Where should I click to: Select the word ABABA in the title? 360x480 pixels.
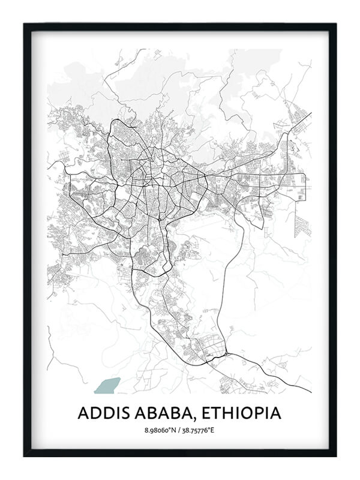pos(159,413)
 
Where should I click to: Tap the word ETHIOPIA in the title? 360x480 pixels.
pos(241,413)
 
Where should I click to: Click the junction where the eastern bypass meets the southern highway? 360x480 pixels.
pos(226,355)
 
